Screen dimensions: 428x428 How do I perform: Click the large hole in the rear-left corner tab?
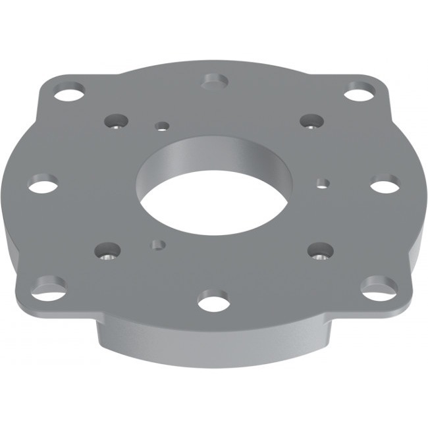click(69, 92)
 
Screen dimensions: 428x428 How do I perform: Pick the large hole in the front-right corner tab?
click(379, 287)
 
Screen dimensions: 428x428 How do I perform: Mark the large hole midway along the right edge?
click(385, 184)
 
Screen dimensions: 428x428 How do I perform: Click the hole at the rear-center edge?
click(215, 81)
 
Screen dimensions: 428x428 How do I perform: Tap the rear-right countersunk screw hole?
click(311, 121)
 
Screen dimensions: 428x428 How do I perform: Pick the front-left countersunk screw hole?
click(108, 250)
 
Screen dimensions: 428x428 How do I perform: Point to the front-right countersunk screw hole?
click(321, 250)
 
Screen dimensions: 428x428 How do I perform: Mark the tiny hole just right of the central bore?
click(323, 182)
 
